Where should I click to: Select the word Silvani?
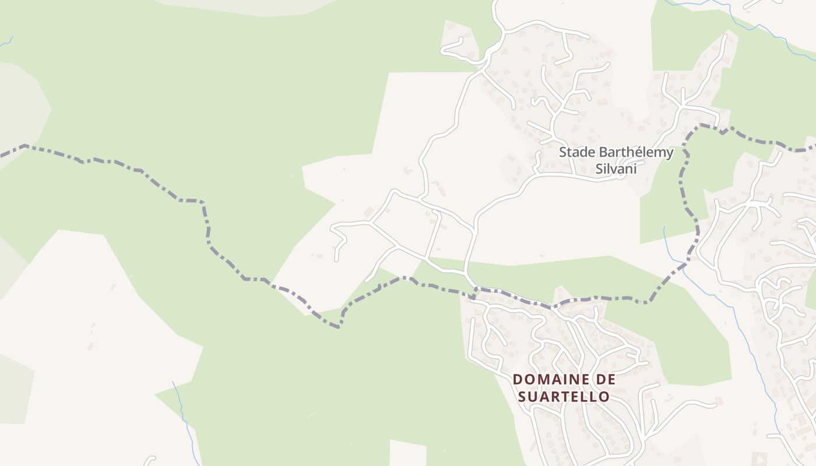(615, 170)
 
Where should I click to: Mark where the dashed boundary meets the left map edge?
(2, 156)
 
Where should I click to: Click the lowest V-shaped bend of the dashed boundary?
(338, 327)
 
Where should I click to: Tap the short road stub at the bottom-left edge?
(150, 460)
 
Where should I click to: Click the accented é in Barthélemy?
(633, 153)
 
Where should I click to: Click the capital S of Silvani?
(599, 170)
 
